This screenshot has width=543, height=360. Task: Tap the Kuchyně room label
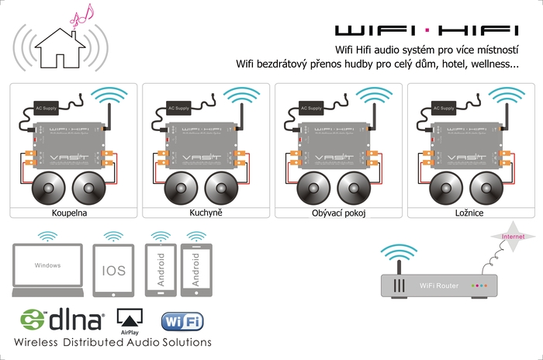pyautogui.click(x=206, y=212)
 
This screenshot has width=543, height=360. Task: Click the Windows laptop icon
pyautogui.click(x=47, y=268)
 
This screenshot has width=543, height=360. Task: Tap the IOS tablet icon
pyautogui.click(x=113, y=271)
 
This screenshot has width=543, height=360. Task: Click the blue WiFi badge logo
pyautogui.click(x=182, y=320)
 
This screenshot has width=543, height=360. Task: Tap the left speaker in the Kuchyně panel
pyautogui.click(x=182, y=188)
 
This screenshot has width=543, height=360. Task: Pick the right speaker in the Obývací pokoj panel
pyautogui.click(x=358, y=188)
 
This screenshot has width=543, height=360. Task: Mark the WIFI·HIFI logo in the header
pyautogui.click(x=426, y=31)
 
